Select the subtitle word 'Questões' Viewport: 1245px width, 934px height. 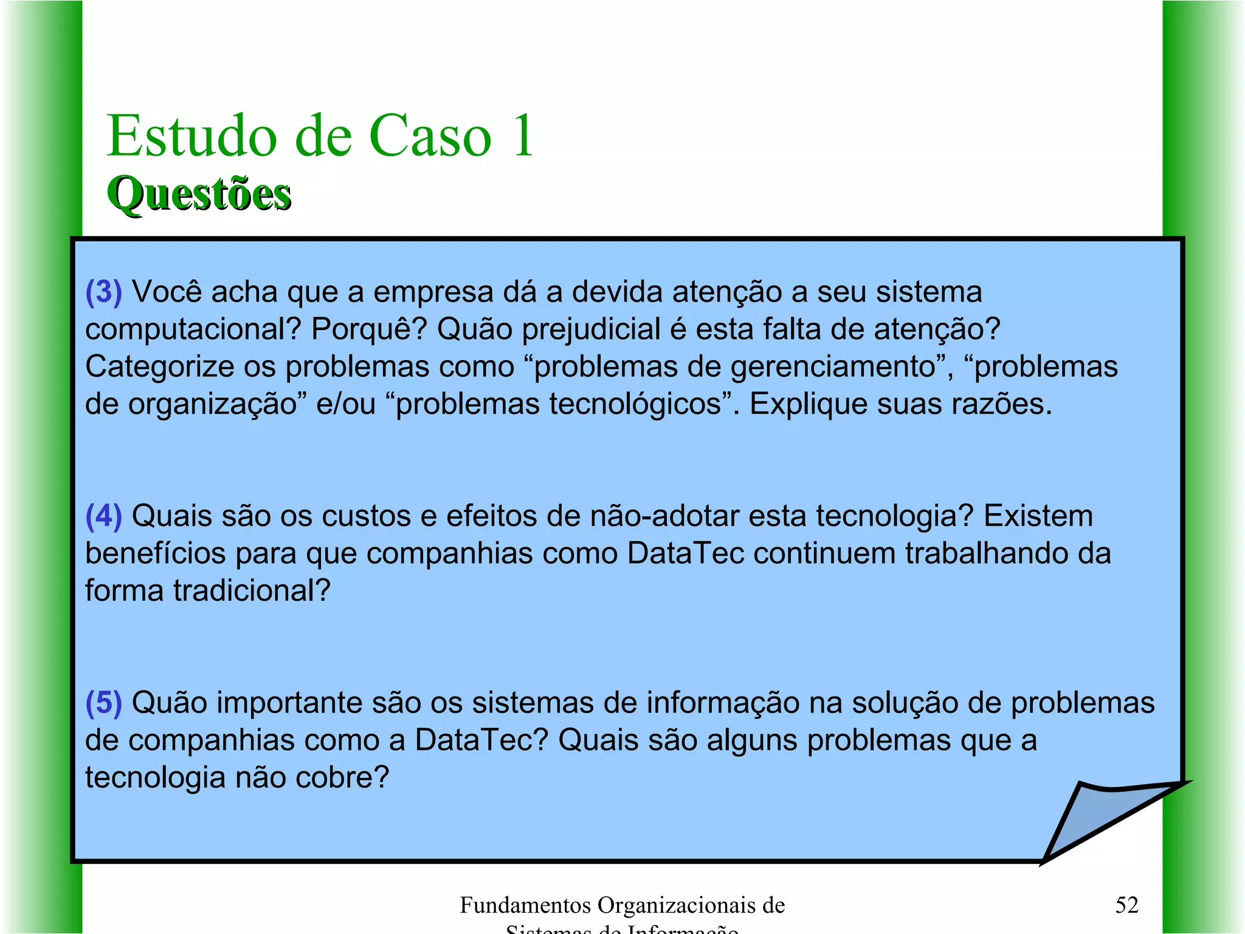point(199,194)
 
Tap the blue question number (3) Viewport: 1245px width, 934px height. point(104,292)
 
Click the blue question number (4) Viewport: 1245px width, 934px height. point(104,516)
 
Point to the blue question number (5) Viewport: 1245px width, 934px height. point(104,703)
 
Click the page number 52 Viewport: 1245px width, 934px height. point(1126,905)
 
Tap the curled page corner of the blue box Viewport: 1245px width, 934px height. point(1100,821)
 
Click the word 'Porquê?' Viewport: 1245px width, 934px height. point(369,330)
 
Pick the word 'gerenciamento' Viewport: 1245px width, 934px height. point(833,367)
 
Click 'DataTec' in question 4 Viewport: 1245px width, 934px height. point(685,554)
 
